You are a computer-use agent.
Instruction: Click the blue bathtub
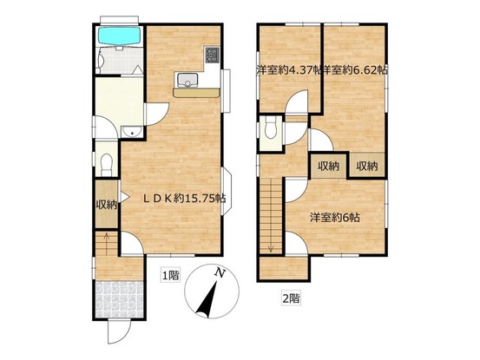[x=119, y=36]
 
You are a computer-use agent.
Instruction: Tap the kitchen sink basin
[x=187, y=80]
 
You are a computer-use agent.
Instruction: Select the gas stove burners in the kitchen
[x=212, y=55]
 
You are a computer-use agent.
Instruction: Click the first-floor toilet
[x=106, y=165]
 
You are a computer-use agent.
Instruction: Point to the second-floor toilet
[x=270, y=128]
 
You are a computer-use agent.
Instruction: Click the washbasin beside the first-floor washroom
[x=131, y=132]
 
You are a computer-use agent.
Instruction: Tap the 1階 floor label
[x=170, y=276]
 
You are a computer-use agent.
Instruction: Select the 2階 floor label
[x=291, y=298]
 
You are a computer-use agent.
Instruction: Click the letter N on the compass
[x=219, y=272]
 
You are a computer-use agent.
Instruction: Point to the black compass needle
[x=207, y=300]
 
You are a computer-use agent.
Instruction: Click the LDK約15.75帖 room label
[x=185, y=199]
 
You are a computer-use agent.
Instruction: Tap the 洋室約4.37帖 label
[x=288, y=70]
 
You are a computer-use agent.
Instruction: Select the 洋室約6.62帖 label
[x=355, y=70]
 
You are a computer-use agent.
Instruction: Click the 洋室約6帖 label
[x=334, y=218]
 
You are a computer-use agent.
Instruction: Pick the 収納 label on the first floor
[x=107, y=205]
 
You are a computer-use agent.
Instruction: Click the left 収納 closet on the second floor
[x=329, y=166]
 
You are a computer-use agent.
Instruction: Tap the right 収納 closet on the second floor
[x=367, y=165]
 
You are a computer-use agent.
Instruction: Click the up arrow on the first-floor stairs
[x=107, y=244]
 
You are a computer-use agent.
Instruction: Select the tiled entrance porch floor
[x=120, y=300]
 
